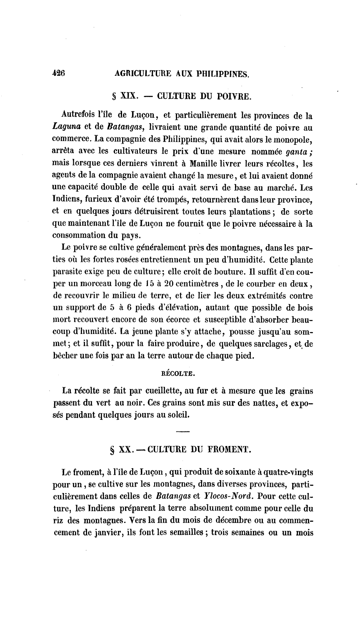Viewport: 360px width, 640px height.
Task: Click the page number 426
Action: pos(59,73)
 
